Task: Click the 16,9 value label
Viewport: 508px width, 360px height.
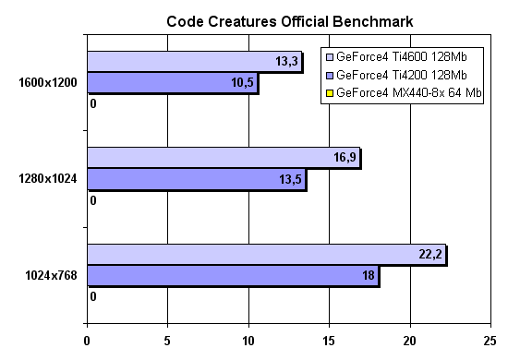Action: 344,158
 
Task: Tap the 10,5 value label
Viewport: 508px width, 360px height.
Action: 241,83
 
